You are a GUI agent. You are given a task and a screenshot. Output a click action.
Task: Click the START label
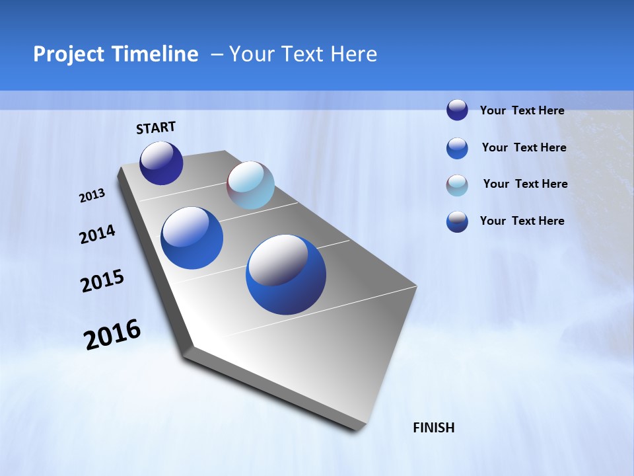156,128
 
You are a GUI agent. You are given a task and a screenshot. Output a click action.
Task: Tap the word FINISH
433,428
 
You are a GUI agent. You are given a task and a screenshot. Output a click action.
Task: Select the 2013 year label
92,196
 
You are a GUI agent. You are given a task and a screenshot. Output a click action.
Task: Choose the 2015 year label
102,281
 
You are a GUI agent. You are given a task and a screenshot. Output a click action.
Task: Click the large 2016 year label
112,335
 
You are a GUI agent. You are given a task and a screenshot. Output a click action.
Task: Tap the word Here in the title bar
353,54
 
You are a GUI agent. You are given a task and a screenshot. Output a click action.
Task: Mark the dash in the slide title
217,54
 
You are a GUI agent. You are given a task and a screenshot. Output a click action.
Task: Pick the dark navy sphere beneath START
161,163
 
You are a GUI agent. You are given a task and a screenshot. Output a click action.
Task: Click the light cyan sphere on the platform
250,185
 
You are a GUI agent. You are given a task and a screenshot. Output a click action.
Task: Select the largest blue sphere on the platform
286,274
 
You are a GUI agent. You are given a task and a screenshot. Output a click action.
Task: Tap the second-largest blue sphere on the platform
192,238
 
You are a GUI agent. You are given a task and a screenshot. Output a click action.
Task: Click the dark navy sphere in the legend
457,110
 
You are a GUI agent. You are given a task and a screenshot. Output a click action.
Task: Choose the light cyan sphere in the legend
457,185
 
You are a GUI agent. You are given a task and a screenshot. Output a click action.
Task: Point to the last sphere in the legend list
457,221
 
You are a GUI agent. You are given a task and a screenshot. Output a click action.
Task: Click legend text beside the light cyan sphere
525,184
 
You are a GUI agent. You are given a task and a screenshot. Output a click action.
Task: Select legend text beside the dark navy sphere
522,110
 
